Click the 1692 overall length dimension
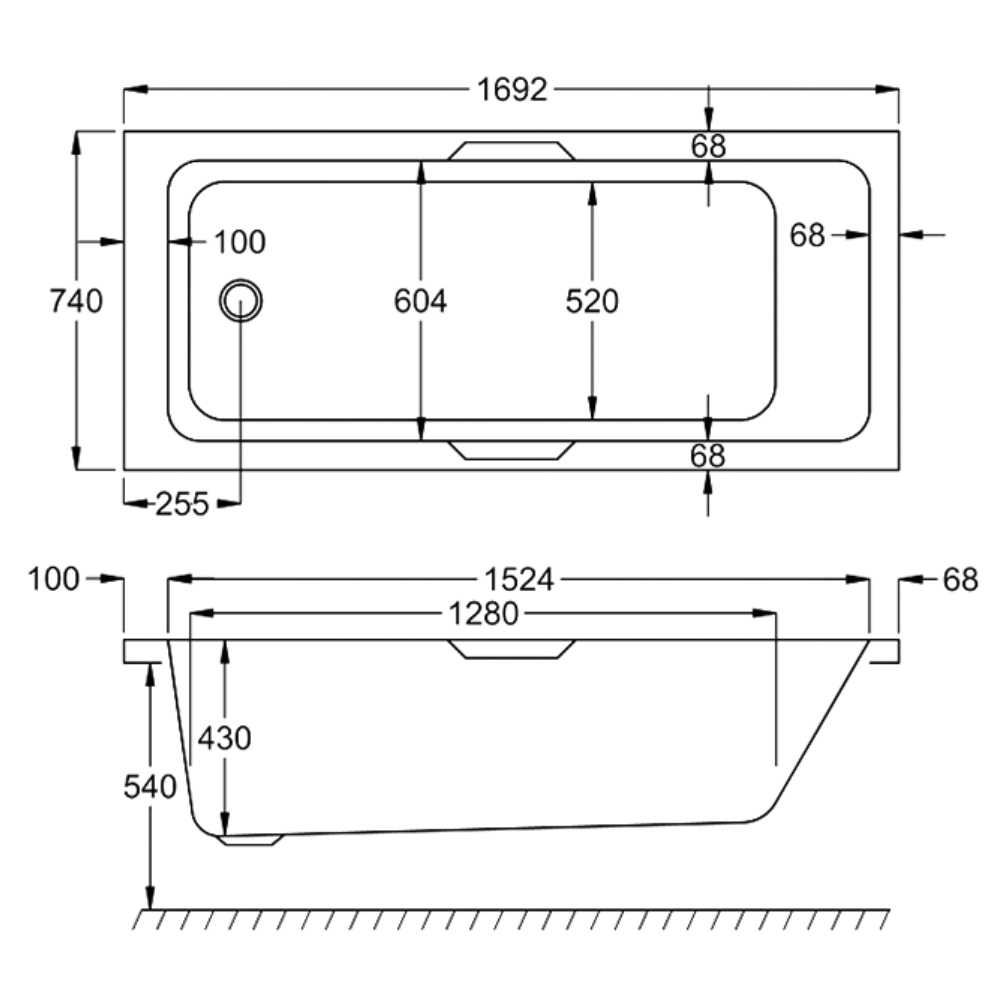512,90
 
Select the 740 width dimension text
76,300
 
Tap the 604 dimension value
420,300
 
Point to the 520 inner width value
592,300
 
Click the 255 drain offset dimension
182,504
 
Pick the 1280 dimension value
483,613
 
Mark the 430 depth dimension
224,738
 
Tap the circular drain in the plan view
241,300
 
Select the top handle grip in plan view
511,151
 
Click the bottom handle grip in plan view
511,449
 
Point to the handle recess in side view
512,649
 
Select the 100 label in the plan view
240,241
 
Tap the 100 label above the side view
54,579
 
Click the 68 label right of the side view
960,579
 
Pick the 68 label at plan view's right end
808,235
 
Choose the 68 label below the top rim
708,146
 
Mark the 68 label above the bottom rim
708,455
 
